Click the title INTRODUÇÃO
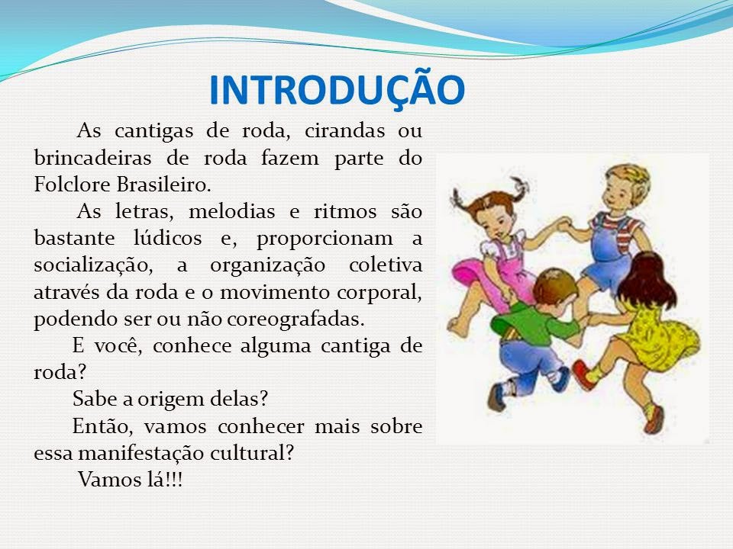337,91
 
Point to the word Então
99,425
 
